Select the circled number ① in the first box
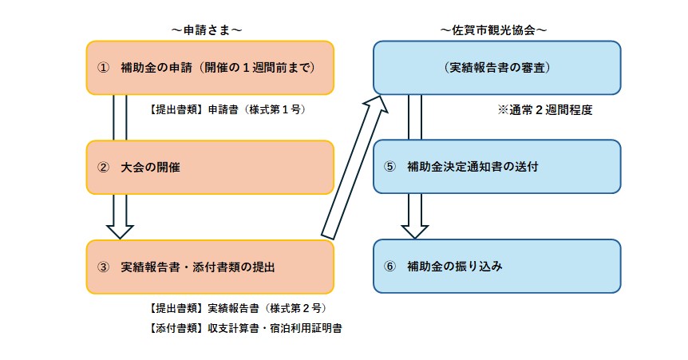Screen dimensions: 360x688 click(x=102, y=67)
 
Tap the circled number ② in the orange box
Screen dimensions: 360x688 click(x=102, y=168)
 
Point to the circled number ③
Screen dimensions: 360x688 click(x=102, y=267)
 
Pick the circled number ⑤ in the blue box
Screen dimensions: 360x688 click(x=389, y=167)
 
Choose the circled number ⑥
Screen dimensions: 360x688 click(x=389, y=266)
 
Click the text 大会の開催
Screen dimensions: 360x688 click(x=151, y=168)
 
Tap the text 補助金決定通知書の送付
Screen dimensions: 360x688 click(x=473, y=167)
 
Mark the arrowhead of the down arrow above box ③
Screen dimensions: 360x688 click(x=120, y=229)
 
